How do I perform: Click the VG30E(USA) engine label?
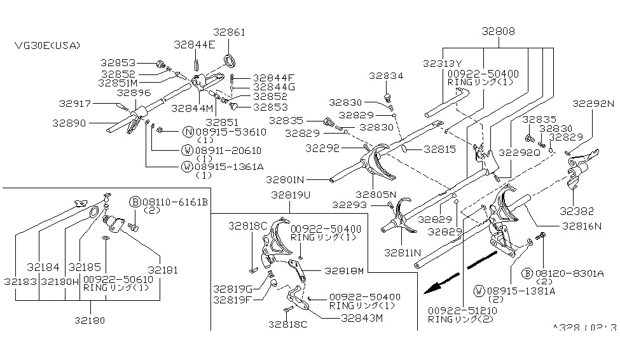point(48,45)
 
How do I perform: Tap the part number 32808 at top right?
point(498,31)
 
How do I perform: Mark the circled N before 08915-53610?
point(188,132)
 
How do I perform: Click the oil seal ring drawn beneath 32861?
point(230,61)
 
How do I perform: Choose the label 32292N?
point(593,102)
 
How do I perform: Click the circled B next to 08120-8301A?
point(527,273)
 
